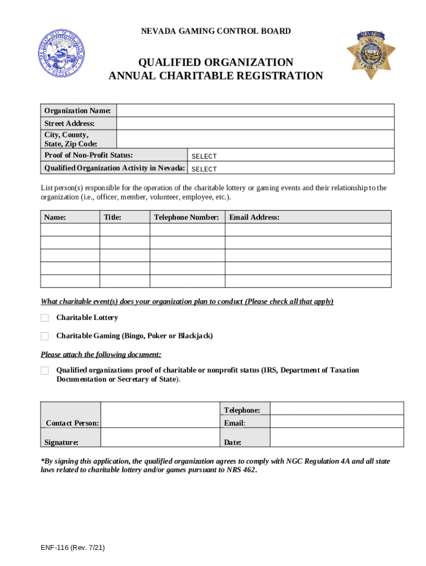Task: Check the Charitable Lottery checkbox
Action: pyautogui.click(x=45, y=318)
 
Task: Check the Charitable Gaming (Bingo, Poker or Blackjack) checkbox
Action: pyautogui.click(x=45, y=336)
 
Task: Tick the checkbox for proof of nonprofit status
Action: pyautogui.click(x=45, y=370)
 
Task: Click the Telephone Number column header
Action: pyautogui.click(x=186, y=217)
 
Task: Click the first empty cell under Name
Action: pyautogui.click(x=70, y=230)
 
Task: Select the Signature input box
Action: pyautogui.click(x=160, y=439)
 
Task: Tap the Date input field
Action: pyautogui.click(x=336, y=439)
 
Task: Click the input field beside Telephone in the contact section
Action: pyautogui.click(x=336, y=408)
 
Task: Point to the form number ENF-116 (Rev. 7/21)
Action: pyautogui.click(x=72, y=548)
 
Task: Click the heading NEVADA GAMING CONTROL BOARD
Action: pyautogui.click(x=216, y=32)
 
